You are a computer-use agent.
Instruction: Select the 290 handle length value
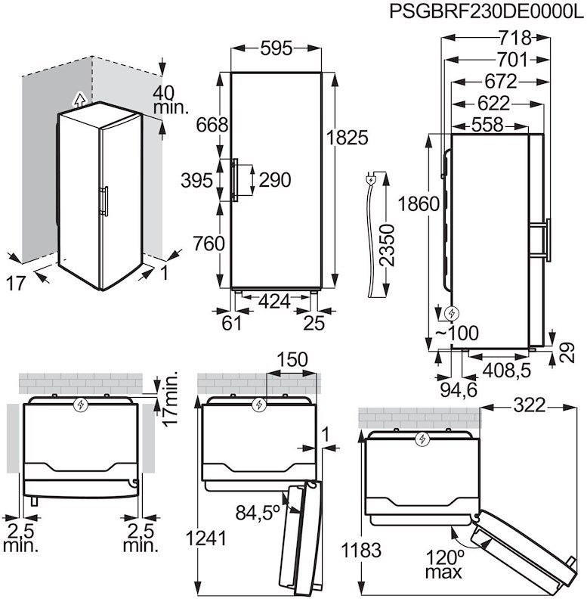coord(274,180)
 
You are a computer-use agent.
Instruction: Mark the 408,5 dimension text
coord(505,371)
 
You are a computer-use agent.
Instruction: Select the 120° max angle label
coord(443,564)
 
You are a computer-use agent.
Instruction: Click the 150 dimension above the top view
coord(292,359)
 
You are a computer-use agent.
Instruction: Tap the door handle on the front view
coord(236,179)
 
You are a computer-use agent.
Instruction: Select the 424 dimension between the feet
coord(274,302)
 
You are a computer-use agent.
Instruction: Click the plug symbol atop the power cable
coord(371,179)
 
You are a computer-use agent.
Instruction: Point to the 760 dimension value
coord(209,244)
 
